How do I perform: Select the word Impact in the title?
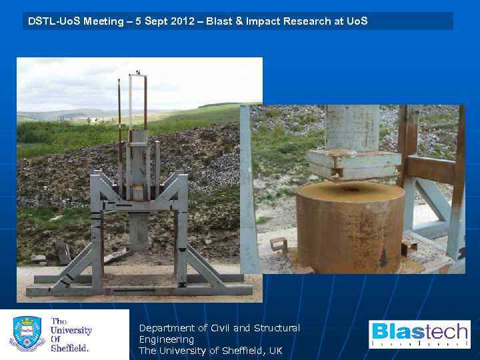tap(263, 21)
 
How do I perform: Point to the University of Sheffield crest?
tap(27, 334)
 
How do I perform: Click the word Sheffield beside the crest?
tap(69, 347)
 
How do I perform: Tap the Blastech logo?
tap(419, 334)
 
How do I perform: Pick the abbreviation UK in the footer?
tap(275, 351)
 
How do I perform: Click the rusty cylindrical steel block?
tap(351, 227)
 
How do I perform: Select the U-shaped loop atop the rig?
tap(137, 100)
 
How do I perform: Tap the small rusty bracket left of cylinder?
tap(279, 244)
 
